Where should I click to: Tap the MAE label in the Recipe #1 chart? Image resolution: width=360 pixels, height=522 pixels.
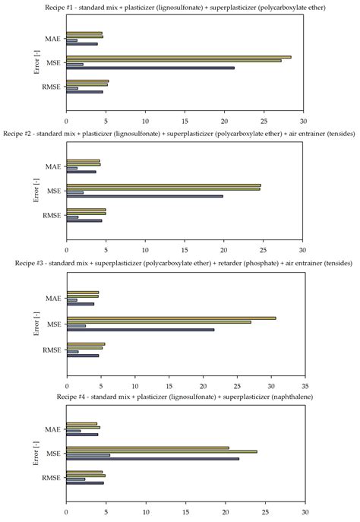(x=52, y=37)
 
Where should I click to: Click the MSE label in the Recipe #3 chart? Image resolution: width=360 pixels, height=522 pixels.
(x=53, y=325)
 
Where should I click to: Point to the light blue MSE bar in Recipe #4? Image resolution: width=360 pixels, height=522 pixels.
(x=88, y=455)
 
